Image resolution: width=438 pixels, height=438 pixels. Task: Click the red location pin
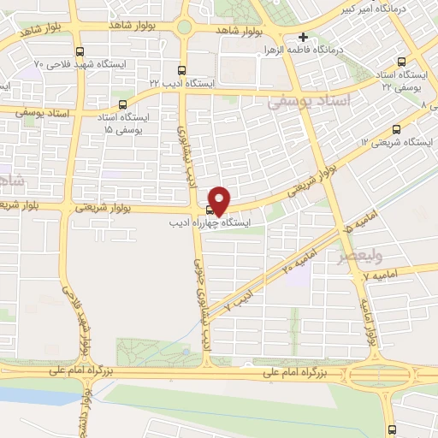point(220,199)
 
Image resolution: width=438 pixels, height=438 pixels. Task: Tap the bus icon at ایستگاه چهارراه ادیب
point(210,210)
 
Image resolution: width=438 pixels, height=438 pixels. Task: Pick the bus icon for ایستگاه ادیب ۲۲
point(181,70)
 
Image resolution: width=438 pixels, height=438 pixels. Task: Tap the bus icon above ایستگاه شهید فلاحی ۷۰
point(80,51)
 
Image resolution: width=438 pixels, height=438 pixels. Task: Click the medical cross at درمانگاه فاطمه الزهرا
point(303,37)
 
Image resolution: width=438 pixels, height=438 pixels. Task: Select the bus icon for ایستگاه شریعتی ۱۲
point(395,129)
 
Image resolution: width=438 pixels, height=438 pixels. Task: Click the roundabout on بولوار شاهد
point(184,27)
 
